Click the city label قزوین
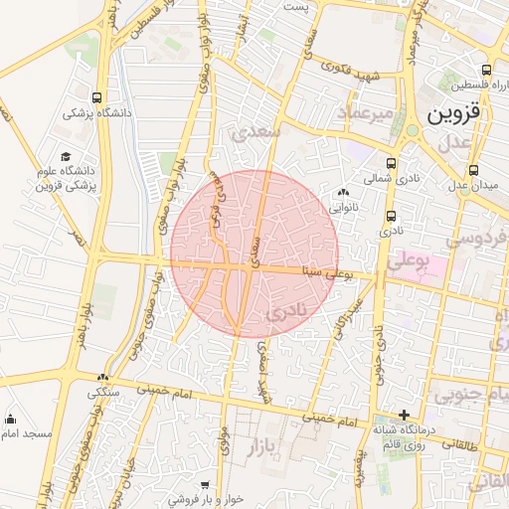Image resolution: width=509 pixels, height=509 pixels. pyautogui.click(x=453, y=113)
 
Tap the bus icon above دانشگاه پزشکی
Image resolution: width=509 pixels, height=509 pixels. pyautogui.click(x=96, y=98)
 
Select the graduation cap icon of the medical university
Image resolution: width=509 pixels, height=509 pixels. pyautogui.click(x=66, y=156)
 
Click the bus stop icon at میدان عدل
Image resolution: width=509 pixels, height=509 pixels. pyautogui.click(x=473, y=170)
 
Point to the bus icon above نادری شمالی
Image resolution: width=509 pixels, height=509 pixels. pyautogui.click(x=390, y=164)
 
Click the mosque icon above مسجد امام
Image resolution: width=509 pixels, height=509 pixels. pyautogui.click(x=10, y=419)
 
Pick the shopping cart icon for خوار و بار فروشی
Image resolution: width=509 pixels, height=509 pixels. pyautogui.click(x=206, y=484)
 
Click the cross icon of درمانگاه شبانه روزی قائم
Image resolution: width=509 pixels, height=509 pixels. pyautogui.click(x=403, y=415)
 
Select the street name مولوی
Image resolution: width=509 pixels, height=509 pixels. pyautogui.click(x=226, y=437)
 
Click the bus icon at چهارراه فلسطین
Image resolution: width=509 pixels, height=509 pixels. pyautogui.click(x=486, y=71)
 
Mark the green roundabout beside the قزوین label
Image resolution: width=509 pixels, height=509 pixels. pyautogui.click(x=412, y=130)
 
